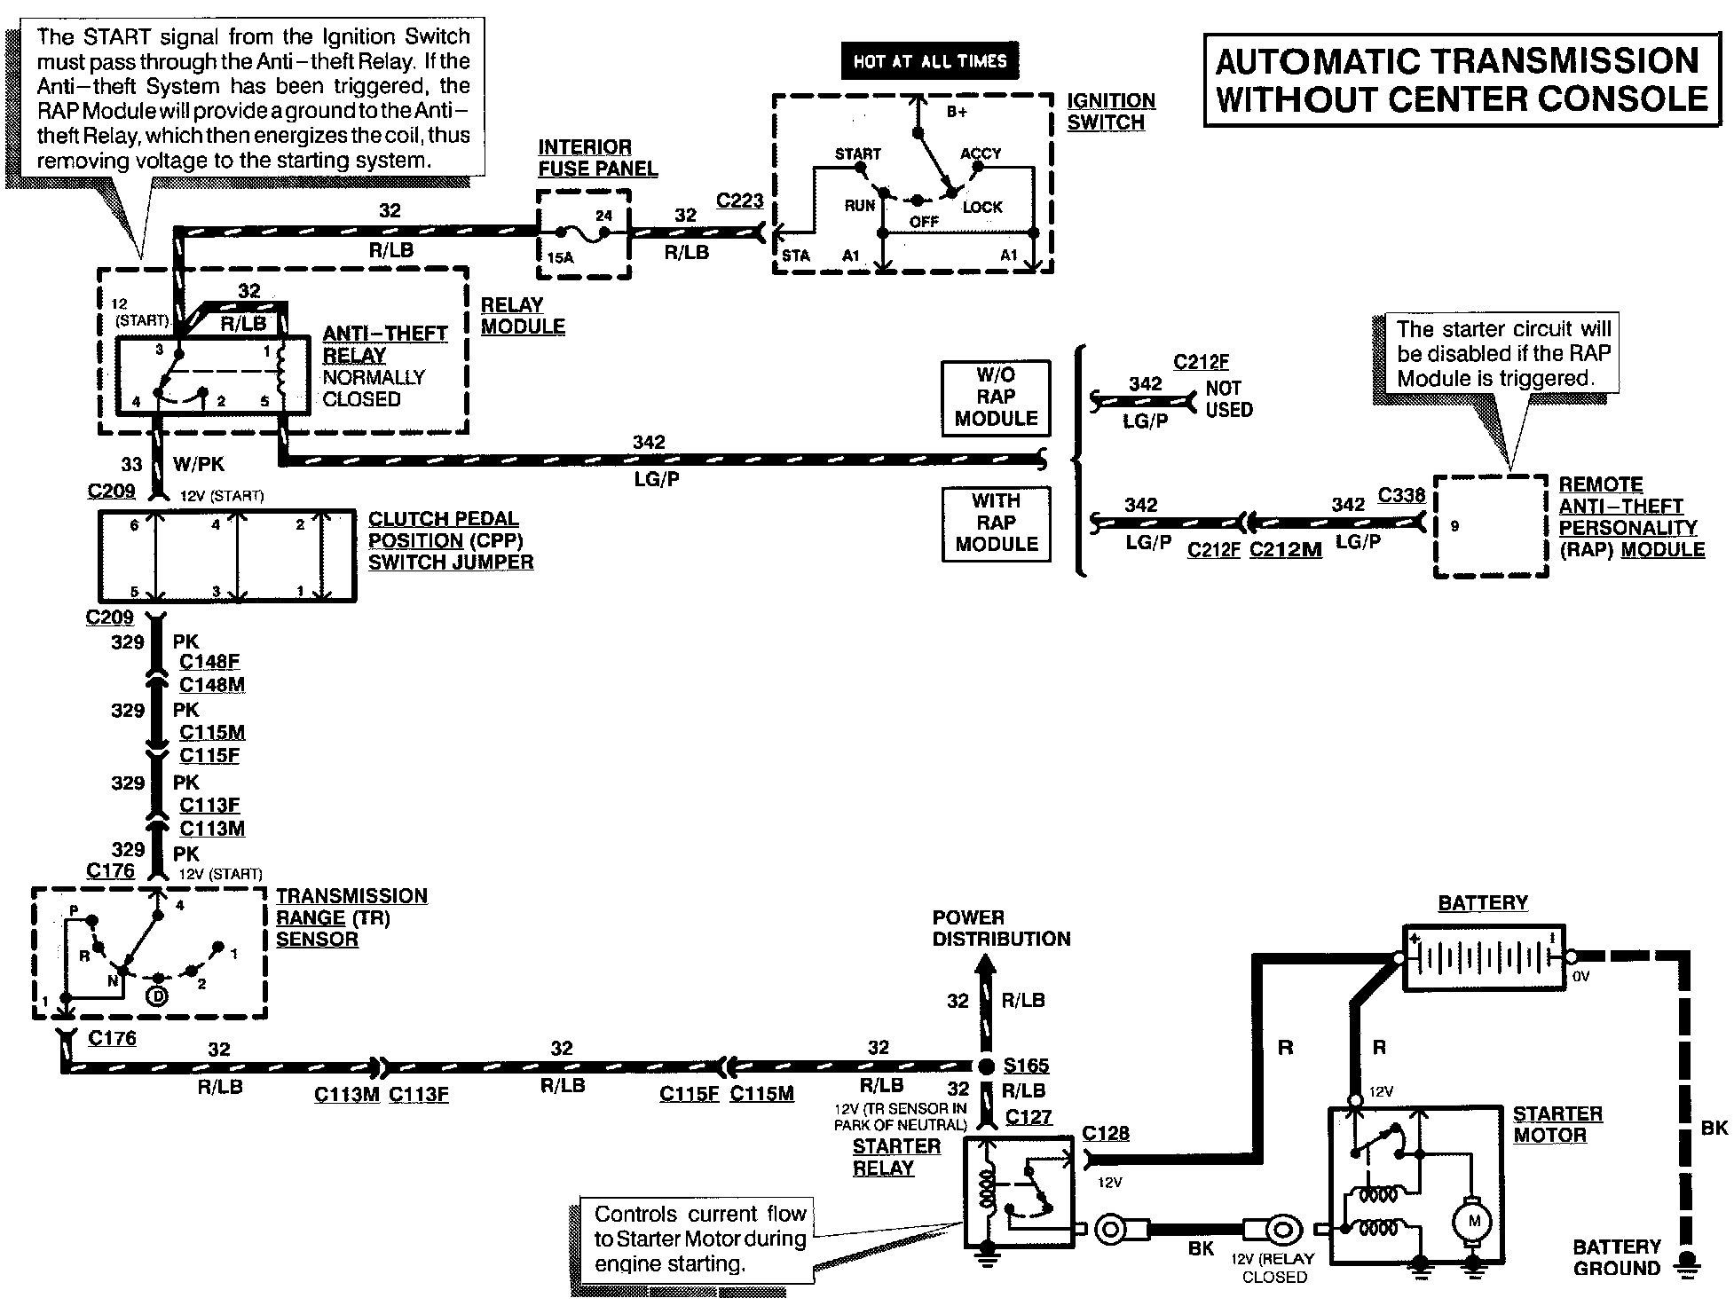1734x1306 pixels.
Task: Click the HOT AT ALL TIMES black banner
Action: [x=929, y=61]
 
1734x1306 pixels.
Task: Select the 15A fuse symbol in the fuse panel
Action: [x=587, y=233]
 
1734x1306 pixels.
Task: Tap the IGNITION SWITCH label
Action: [x=1111, y=112]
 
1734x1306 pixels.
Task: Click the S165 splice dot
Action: [x=986, y=1066]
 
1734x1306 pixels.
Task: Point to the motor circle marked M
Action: [x=1474, y=1222]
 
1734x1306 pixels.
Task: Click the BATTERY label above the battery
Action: [x=1483, y=903]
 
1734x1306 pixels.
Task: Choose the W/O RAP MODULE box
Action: [x=996, y=397]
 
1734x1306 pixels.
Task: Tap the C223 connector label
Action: [x=739, y=201]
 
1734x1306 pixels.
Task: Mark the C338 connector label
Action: [x=1401, y=495]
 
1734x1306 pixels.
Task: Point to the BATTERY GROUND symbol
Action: [x=1683, y=1267]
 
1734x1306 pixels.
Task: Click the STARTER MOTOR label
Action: [x=1557, y=1124]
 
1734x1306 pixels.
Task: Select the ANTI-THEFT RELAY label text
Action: [x=385, y=344]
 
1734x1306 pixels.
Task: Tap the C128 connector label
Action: [x=1106, y=1134]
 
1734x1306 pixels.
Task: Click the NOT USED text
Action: [x=1229, y=399]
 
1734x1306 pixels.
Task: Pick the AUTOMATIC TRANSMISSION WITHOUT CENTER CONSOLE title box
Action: [x=1462, y=80]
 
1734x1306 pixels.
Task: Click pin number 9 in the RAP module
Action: [x=1454, y=526]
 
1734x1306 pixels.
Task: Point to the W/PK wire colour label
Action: [x=199, y=463]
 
